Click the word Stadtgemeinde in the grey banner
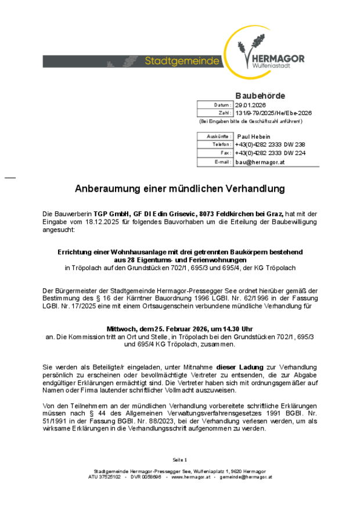(x=182, y=61)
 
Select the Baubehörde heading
(x=260, y=95)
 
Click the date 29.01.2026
(x=250, y=105)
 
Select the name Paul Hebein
(x=254, y=136)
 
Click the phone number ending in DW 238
(x=269, y=144)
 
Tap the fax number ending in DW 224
(x=269, y=153)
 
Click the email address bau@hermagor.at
(x=260, y=162)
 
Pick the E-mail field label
(x=222, y=162)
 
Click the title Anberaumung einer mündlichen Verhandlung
(x=180, y=189)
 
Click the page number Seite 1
(x=180, y=459)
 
